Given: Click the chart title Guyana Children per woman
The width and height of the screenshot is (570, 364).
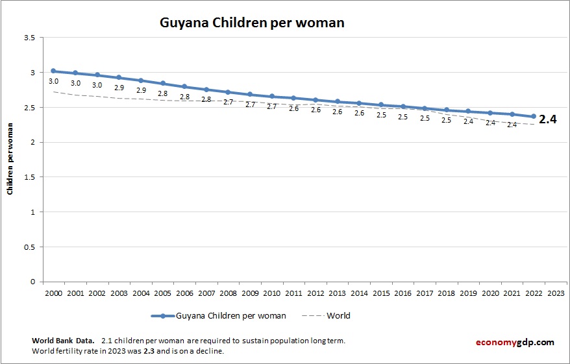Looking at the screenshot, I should click(x=252, y=23).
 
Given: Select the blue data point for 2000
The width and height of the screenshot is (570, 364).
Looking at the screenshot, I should click(x=53, y=71).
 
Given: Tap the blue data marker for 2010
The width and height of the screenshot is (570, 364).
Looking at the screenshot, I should click(x=272, y=96).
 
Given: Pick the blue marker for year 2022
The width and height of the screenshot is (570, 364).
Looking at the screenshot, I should click(x=534, y=117).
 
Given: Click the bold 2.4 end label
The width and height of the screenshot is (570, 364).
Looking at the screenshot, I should click(x=549, y=119).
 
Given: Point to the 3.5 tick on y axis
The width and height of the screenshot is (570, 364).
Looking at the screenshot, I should click(x=29, y=38).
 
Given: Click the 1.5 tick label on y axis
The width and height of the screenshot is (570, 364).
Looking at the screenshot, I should click(x=29, y=177).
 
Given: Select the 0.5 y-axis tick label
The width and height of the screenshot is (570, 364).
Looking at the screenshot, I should click(x=29, y=247).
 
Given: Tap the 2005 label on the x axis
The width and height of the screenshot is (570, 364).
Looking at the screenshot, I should click(x=162, y=293).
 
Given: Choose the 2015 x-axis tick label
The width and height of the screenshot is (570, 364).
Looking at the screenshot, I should click(x=381, y=293).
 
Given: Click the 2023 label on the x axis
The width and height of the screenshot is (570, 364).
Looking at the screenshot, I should click(x=556, y=293).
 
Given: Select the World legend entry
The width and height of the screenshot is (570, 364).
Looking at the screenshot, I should click(x=338, y=316).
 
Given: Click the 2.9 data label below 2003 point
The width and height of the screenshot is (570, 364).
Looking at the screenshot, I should click(x=119, y=87).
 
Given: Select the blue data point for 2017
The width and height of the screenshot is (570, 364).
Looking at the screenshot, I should click(x=425, y=108).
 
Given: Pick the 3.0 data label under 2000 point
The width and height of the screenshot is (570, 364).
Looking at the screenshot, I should click(x=54, y=81).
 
